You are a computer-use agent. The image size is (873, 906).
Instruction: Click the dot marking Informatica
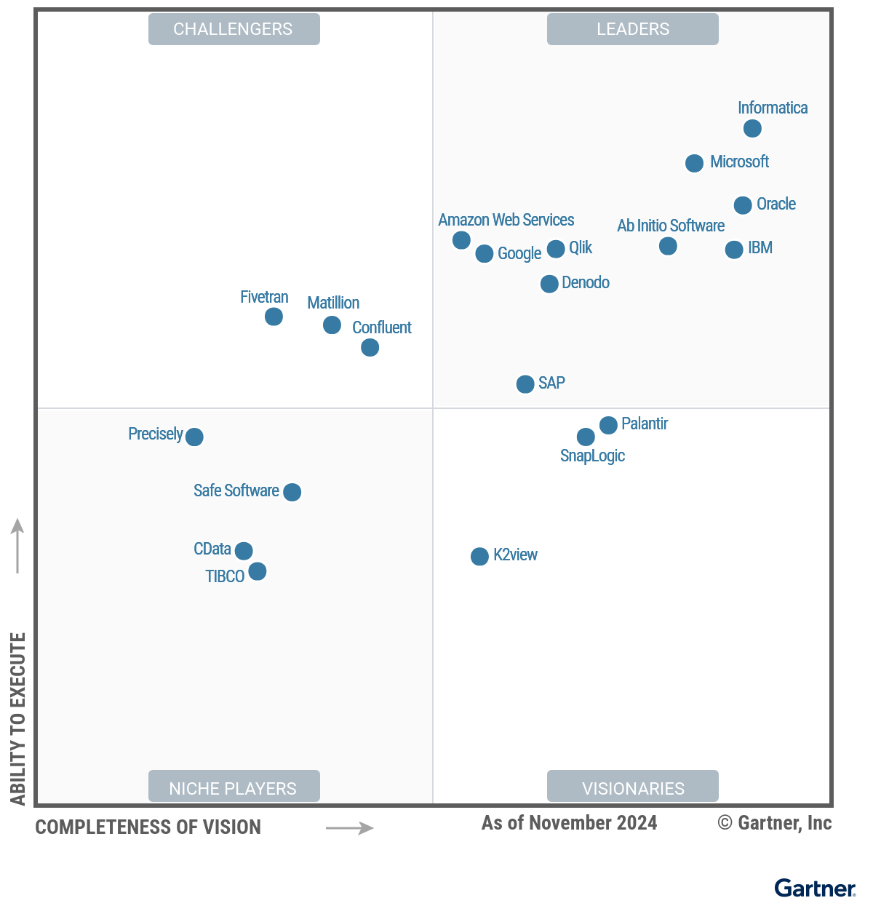(752, 129)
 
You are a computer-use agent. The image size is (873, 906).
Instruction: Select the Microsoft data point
(694, 163)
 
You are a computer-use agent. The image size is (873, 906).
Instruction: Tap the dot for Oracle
(742, 205)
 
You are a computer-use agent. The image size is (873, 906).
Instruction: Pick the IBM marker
(734, 250)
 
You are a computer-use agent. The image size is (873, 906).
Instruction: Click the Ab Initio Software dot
(668, 247)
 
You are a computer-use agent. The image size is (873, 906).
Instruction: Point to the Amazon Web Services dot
(461, 240)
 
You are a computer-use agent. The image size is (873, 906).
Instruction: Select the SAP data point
(525, 384)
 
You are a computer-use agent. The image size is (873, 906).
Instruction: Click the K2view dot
(479, 557)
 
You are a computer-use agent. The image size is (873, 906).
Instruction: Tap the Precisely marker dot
(194, 437)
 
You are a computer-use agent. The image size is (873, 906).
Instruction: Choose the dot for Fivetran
(274, 317)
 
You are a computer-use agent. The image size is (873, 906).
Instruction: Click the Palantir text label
(645, 424)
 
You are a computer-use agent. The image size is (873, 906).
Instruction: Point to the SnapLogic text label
(592, 456)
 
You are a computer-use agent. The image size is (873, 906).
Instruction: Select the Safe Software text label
(236, 490)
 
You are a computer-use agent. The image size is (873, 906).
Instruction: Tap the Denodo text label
(586, 282)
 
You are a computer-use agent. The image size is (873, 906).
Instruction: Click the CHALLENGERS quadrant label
(234, 29)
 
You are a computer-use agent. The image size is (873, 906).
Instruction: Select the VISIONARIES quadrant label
(633, 787)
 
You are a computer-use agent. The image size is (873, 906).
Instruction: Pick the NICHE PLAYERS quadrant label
(234, 787)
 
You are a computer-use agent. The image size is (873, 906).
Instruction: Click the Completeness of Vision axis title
(148, 827)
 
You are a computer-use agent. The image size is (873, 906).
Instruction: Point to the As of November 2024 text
(569, 823)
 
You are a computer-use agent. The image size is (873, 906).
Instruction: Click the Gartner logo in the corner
(815, 889)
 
